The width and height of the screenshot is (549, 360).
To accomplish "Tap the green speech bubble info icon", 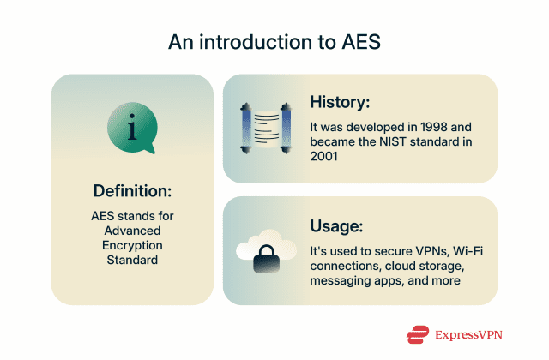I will point(131,129).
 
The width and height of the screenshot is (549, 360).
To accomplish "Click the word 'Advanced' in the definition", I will point(132,230).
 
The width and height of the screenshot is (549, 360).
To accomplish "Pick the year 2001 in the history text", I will point(327,156).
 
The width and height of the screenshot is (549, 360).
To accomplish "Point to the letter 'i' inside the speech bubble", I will point(131,129).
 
